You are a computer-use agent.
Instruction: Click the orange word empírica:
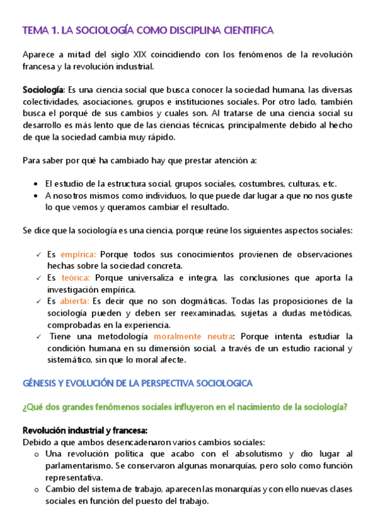coord(78,255)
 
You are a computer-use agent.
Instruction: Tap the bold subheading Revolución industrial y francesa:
coord(85,431)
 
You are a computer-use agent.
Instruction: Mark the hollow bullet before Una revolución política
coord(36,454)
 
